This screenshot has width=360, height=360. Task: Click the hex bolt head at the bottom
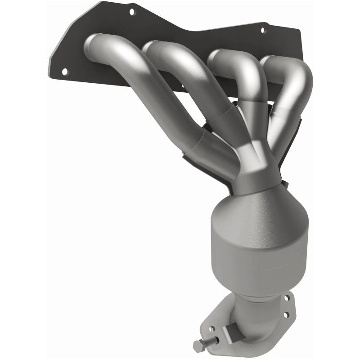pos(198,346)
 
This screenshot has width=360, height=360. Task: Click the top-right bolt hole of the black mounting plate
pos(264,31)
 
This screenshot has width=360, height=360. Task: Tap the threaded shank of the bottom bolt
pos(210,341)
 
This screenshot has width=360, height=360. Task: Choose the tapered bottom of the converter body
pos(252,283)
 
